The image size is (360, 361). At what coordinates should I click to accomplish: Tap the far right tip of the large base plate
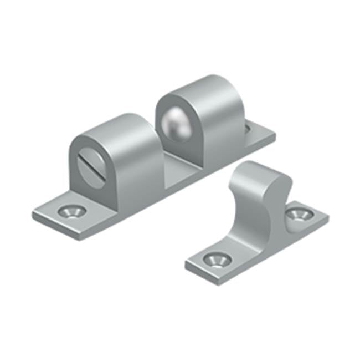click(275, 135)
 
